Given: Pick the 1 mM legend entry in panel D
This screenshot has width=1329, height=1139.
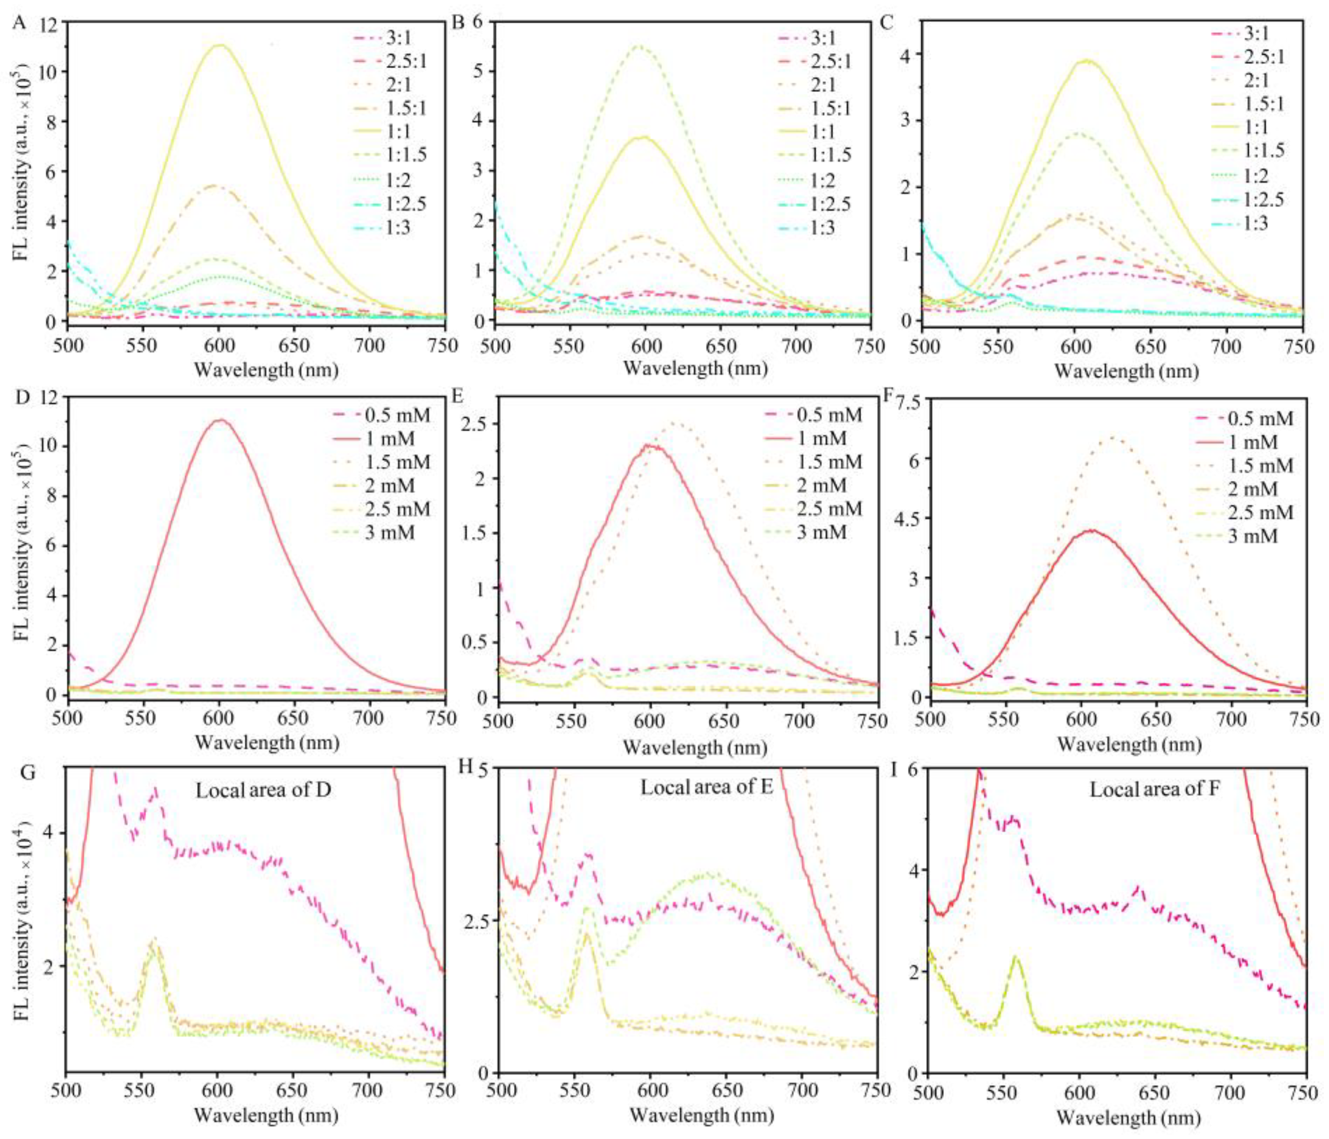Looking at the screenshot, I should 389,439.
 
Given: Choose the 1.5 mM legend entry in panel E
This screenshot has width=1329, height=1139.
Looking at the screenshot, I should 829,462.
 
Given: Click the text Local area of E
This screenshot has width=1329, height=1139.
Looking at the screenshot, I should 707,787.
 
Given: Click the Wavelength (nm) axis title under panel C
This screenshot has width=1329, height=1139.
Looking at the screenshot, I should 1125,371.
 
